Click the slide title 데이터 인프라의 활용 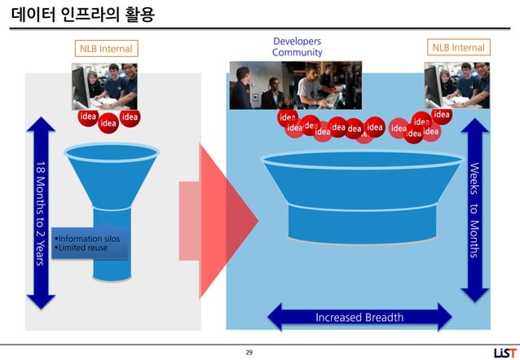[x=82, y=15]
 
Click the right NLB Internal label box [x=458, y=48]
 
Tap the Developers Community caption [x=297, y=47]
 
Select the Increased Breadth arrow [x=359, y=317]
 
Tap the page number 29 [x=249, y=352]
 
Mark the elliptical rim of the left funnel [x=112, y=152]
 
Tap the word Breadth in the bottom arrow [x=383, y=317]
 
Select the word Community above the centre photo [x=297, y=53]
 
